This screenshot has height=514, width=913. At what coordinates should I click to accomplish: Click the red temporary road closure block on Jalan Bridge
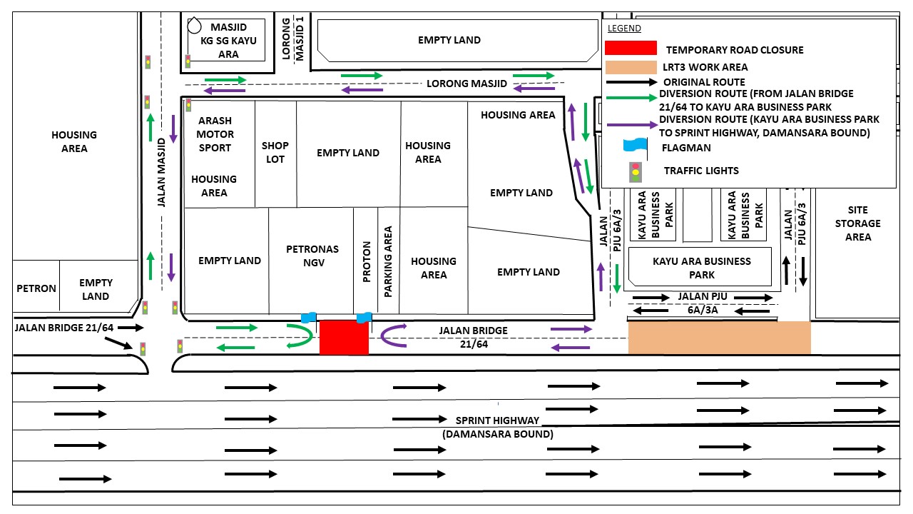(x=344, y=338)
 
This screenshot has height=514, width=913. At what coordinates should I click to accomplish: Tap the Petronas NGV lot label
(x=312, y=256)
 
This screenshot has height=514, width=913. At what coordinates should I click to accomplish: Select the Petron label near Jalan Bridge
(x=36, y=288)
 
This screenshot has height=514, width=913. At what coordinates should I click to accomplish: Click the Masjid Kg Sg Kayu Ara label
(x=228, y=41)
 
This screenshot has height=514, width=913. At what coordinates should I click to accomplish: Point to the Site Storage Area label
(x=858, y=223)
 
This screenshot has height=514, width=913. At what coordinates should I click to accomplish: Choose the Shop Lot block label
(x=275, y=152)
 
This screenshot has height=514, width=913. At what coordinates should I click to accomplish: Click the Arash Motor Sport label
(x=215, y=134)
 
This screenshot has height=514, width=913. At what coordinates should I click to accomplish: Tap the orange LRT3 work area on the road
(x=719, y=338)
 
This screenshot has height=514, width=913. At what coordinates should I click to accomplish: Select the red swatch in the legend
(x=631, y=48)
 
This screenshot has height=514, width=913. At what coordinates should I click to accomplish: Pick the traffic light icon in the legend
(x=635, y=171)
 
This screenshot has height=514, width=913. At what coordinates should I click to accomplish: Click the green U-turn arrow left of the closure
(x=301, y=336)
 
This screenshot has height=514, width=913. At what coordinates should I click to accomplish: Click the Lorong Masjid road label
(x=466, y=84)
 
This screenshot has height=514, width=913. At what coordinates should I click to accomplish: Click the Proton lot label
(x=366, y=261)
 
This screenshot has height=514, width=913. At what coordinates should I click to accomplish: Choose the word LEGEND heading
(x=624, y=29)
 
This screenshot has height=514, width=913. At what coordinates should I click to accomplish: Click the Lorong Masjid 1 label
(x=293, y=39)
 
